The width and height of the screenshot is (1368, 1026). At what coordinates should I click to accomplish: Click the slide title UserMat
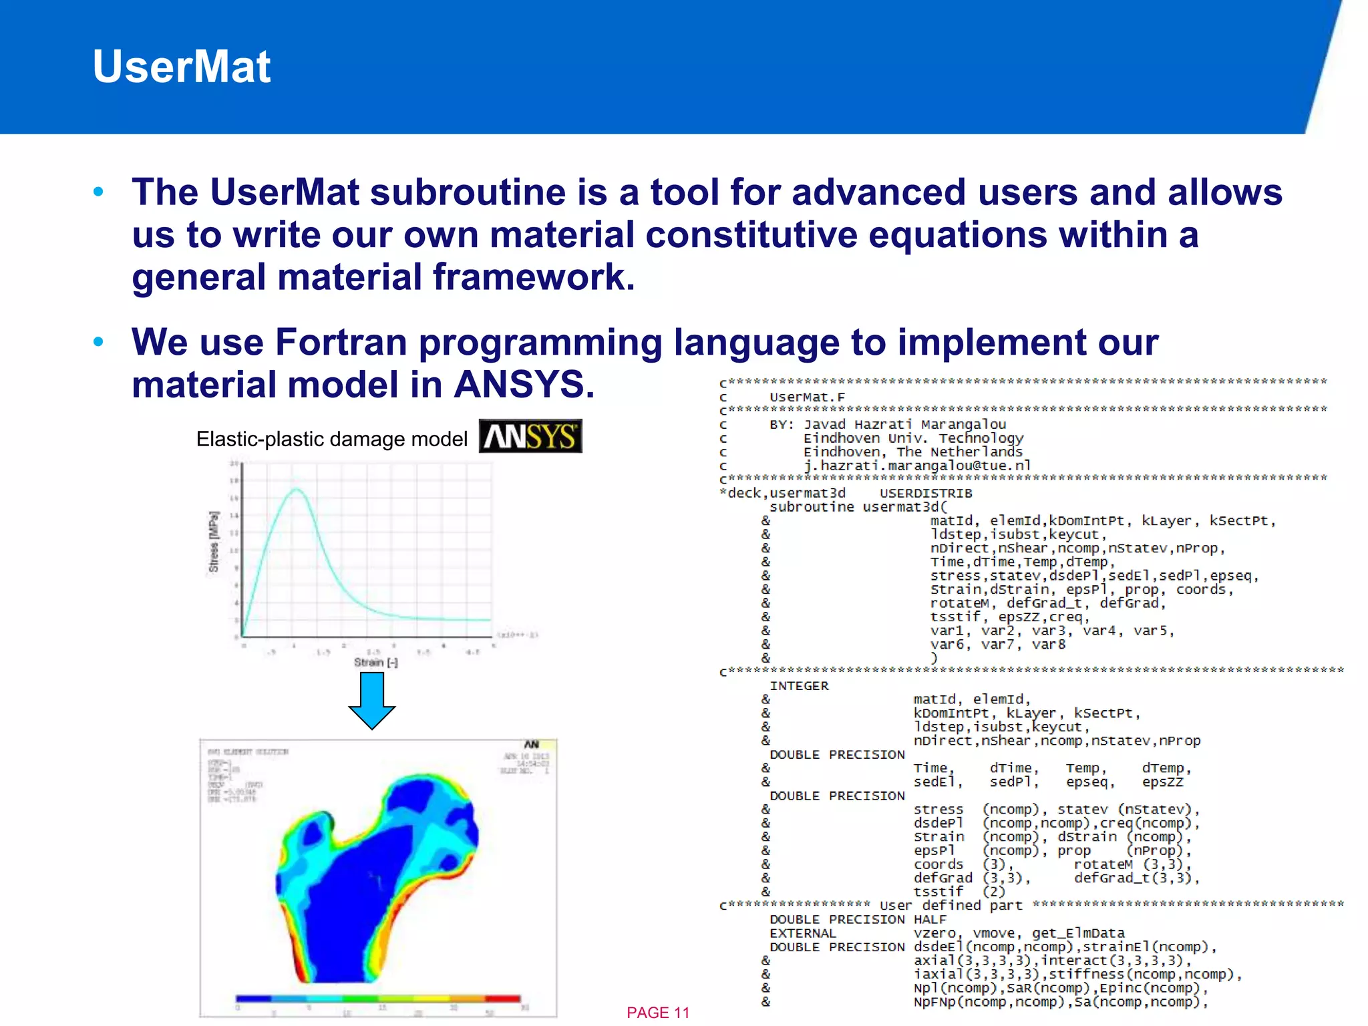click(181, 67)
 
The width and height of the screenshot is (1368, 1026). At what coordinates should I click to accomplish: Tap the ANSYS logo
click(530, 436)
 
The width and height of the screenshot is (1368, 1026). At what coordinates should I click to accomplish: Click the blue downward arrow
click(372, 700)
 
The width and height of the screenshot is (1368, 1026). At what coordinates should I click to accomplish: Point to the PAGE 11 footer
click(657, 1013)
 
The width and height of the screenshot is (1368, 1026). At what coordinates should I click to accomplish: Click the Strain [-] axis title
click(375, 662)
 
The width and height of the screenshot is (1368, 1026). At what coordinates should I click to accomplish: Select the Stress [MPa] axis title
click(214, 542)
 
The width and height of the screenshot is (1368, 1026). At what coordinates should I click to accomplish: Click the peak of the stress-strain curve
click(297, 490)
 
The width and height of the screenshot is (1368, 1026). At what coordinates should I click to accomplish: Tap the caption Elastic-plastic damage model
click(331, 439)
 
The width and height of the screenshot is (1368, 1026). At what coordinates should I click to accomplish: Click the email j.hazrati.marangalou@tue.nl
click(917, 466)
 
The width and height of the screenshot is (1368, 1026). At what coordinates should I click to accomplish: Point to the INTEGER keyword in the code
click(799, 686)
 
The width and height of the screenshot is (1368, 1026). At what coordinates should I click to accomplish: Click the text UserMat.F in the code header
click(807, 397)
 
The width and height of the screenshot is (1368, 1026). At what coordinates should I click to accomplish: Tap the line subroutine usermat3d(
click(858, 507)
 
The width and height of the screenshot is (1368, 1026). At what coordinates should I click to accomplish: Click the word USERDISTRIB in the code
click(926, 493)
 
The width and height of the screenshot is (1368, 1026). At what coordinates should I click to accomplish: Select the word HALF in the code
click(930, 920)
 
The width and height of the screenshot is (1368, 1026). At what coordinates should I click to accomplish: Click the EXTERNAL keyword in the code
click(802, 933)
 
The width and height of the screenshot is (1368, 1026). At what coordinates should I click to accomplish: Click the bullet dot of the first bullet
click(99, 192)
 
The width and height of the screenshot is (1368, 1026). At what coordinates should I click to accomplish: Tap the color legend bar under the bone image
click(378, 999)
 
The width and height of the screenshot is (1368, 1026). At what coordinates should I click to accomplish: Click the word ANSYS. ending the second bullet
click(524, 385)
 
